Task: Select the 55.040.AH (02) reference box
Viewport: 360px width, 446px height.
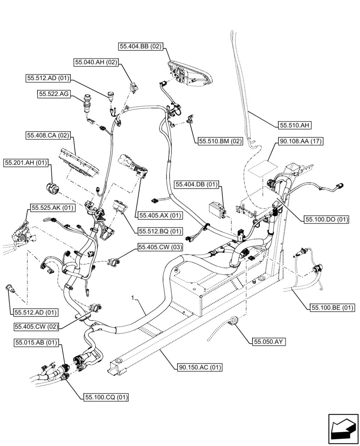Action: click(x=96, y=62)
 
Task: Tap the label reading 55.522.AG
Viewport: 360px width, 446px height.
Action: click(x=53, y=94)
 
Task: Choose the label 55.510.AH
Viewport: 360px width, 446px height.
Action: click(x=295, y=125)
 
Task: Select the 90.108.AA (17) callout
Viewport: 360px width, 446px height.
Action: click(x=301, y=141)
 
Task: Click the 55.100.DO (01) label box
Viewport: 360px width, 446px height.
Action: click(x=327, y=219)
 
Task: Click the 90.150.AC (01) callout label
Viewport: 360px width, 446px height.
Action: click(x=200, y=368)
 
